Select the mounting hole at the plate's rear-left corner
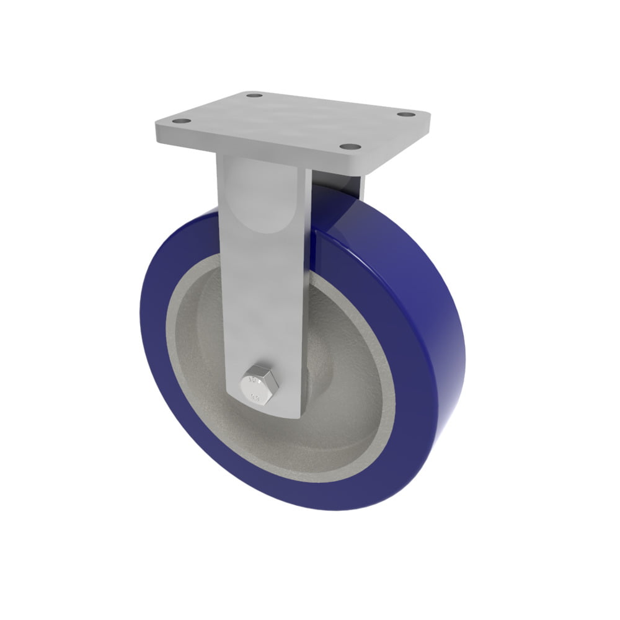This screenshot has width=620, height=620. pyautogui.click(x=254, y=96)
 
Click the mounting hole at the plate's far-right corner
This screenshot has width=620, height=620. pyautogui.click(x=405, y=115)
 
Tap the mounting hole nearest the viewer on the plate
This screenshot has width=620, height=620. pyautogui.click(x=351, y=147)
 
